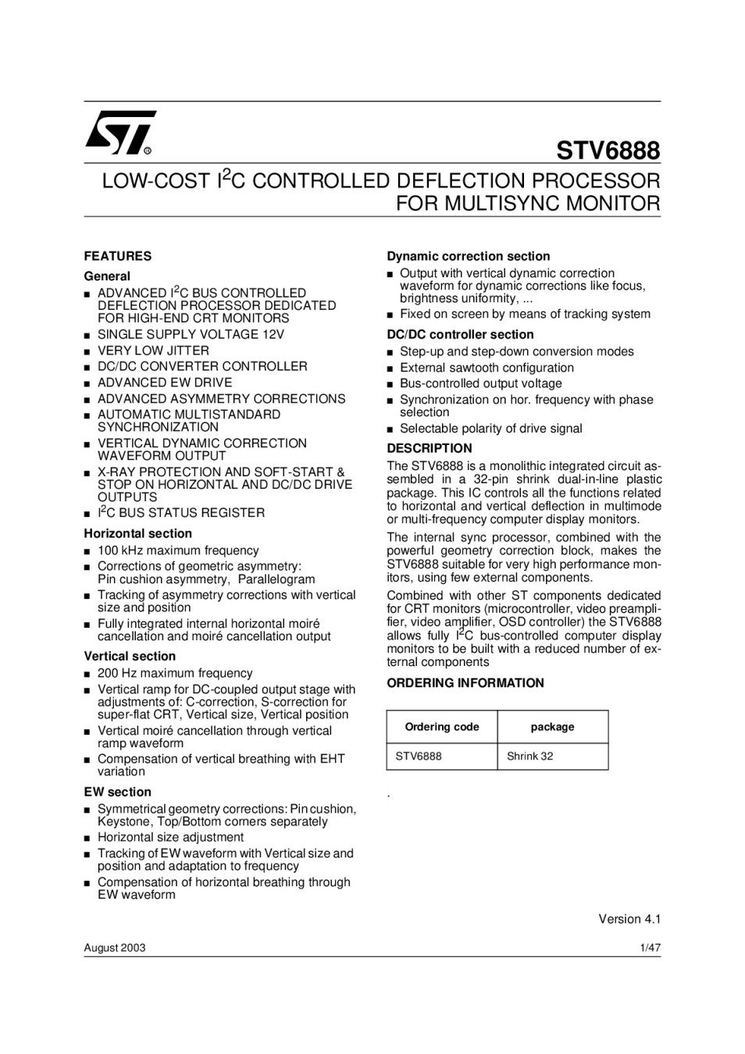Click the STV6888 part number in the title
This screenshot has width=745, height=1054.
click(x=608, y=150)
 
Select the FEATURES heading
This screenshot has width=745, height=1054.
click(x=118, y=256)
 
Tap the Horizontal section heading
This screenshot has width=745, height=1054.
click(x=137, y=534)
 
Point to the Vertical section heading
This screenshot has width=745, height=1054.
click(x=130, y=657)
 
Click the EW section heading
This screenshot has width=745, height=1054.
click(x=117, y=792)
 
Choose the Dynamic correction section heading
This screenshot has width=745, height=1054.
click(x=469, y=256)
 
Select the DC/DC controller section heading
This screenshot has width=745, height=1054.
click(x=460, y=335)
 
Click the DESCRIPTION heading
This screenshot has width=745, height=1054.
click(x=430, y=448)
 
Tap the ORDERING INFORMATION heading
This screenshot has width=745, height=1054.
click(x=465, y=683)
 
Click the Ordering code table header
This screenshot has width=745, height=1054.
click(x=442, y=727)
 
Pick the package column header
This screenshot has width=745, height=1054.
click(x=552, y=727)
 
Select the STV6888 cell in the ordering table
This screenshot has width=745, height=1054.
click(x=419, y=757)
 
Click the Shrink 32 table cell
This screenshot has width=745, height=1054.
click(x=529, y=757)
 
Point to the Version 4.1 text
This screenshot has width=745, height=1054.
click(x=629, y=919)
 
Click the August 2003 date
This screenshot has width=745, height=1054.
click(x=115, y=948)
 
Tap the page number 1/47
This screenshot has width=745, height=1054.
click(x=650, y=948)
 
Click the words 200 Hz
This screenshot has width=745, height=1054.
click(x=116, y=673)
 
